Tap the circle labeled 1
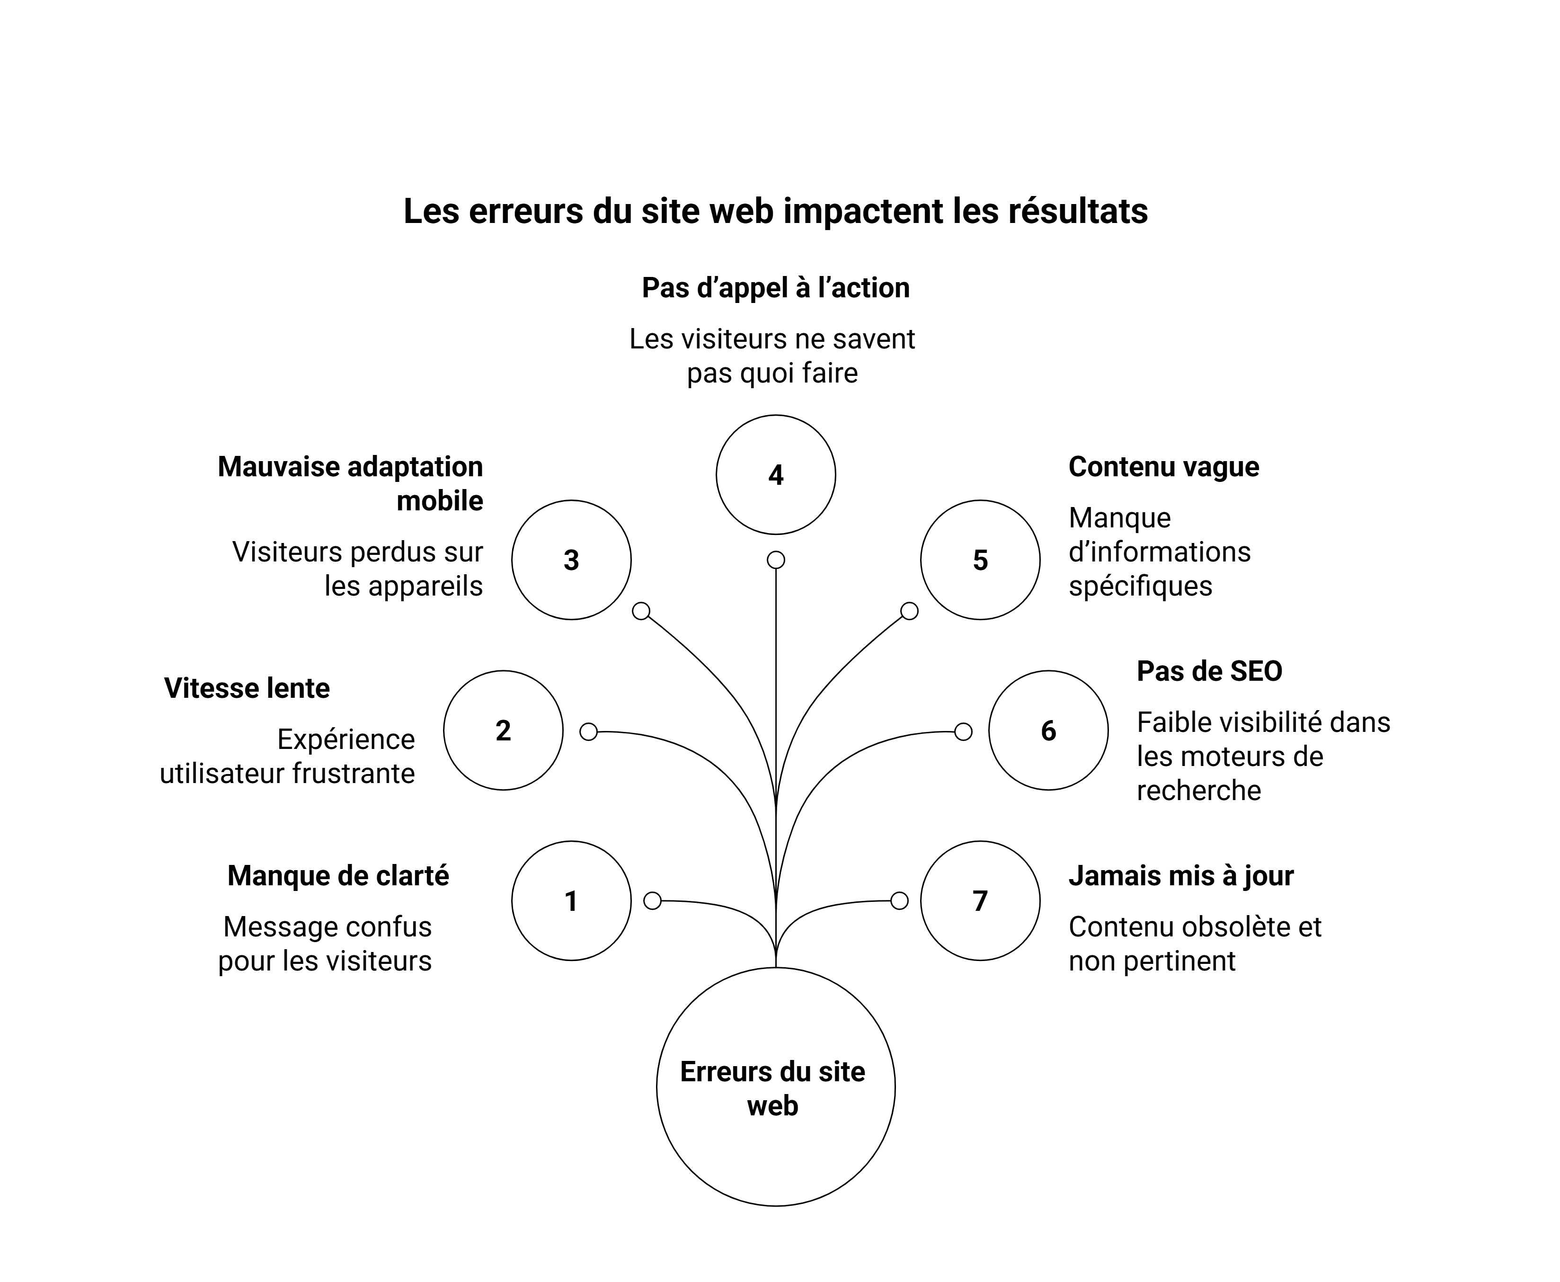pos(571,900)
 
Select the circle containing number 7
pos(980,900)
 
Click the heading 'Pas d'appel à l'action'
pos(775,288)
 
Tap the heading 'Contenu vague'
pos(1163,467)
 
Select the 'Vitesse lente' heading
pos(247,688)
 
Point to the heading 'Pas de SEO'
pos(1209,671)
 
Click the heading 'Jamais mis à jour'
pos(1180,876)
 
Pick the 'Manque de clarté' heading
pos(338,876)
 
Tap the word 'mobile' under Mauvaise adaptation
pos(439,501)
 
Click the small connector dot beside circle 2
pos(588,732)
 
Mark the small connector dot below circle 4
pos(775,560)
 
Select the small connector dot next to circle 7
pos(899,901)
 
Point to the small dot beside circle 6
pos(963,732)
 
